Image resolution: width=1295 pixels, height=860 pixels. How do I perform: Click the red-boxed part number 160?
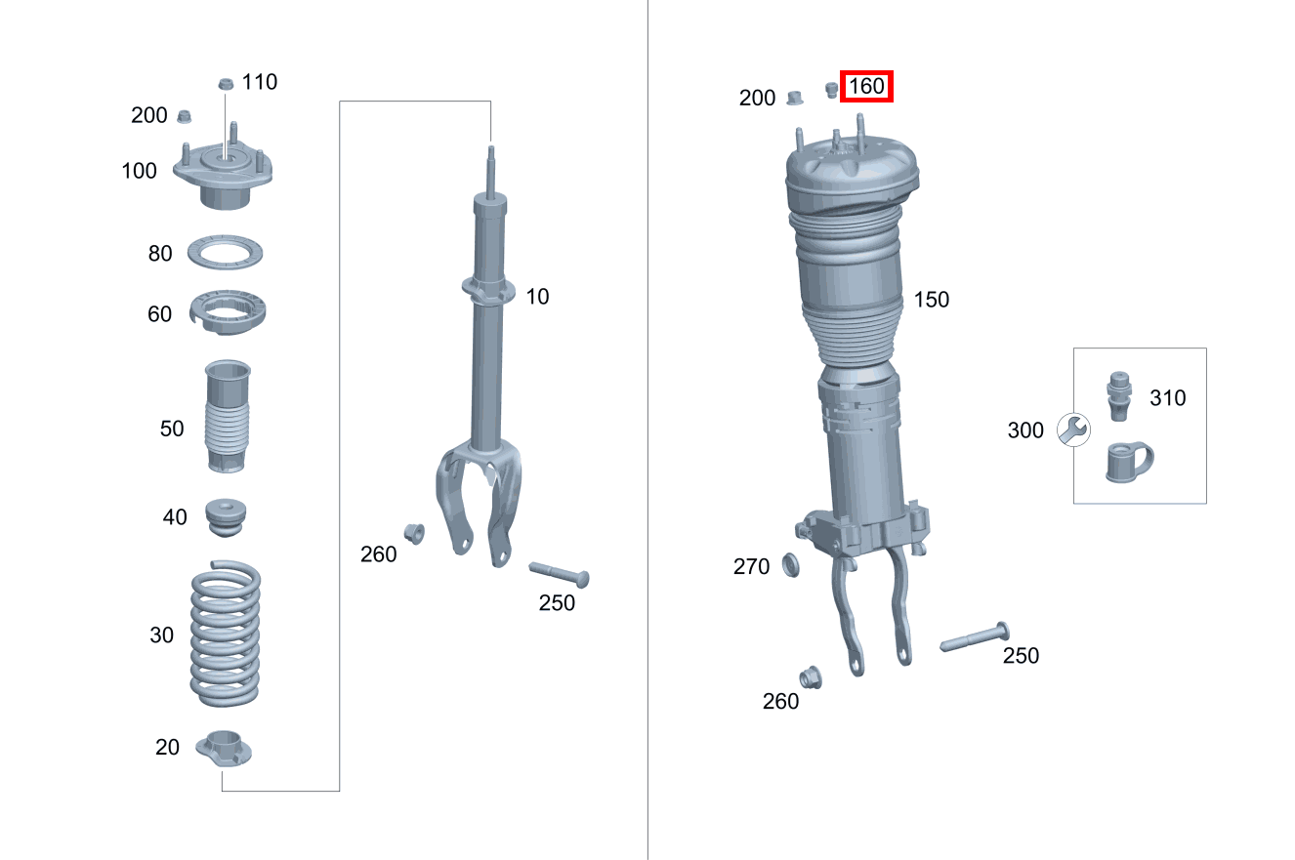click(x=866, y=87)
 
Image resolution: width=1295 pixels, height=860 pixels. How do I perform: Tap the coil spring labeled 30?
click(x=225, y=635)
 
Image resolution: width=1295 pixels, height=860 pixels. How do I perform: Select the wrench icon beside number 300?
click(x=1074, y=430)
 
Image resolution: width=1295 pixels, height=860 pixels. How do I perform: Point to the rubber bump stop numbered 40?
click(x=225, y=516)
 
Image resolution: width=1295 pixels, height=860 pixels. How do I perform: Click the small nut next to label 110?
click(x=225, y=83)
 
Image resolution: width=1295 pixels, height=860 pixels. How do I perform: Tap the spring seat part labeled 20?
click(x=224, y=749)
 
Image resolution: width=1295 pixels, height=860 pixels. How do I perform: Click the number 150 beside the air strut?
click(x=931, y=300)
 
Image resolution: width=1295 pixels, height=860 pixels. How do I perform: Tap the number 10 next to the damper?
click(x=537, y=297)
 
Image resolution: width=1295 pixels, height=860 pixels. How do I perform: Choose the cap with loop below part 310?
click(x=1126, y=462)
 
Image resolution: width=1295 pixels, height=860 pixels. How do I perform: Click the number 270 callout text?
click(x=751, y=567)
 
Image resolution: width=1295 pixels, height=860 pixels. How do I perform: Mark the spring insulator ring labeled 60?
click(x=227, y=311)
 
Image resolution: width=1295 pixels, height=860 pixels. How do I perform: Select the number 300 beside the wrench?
click(x=1025, y=430)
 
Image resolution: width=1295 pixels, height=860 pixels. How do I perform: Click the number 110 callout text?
click(x=259, y=82)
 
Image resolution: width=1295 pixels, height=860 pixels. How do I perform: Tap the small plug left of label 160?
click(x=832, y=90)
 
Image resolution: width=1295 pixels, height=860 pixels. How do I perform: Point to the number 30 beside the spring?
click(x=162, y=635)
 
